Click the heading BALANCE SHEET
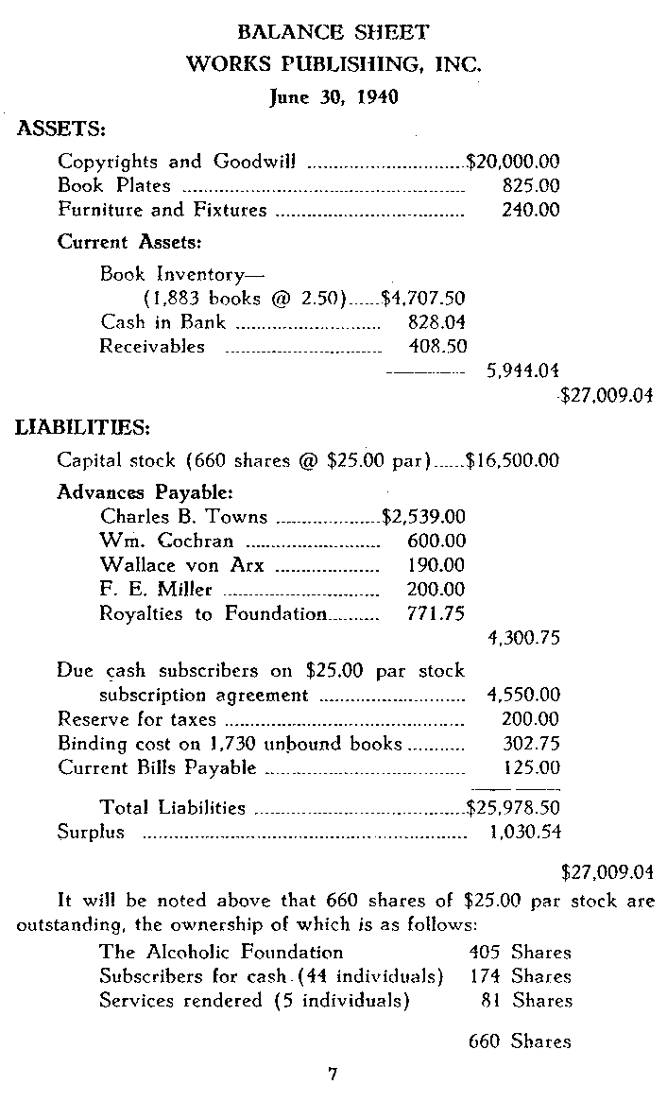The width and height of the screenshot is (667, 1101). coord(333,33)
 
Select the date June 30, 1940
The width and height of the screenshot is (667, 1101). coord(333,96)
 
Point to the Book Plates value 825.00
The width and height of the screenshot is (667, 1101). coord(531,186)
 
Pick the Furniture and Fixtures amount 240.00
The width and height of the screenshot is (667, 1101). coord(531,210)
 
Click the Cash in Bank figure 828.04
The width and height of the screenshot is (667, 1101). coord(436,322)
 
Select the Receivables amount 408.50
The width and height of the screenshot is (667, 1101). coord(437,346)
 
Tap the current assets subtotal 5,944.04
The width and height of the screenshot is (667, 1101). coord(522,371)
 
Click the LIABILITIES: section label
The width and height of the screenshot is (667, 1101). coord(83,428)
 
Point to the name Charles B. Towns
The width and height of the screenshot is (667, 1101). coord(183,517)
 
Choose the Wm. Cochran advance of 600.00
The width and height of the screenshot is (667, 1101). coord(436,542)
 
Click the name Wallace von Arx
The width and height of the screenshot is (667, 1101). coord(181,566)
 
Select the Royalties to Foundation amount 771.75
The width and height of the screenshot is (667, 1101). coord(436,613)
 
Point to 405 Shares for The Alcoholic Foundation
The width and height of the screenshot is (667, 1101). coord(520,952)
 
